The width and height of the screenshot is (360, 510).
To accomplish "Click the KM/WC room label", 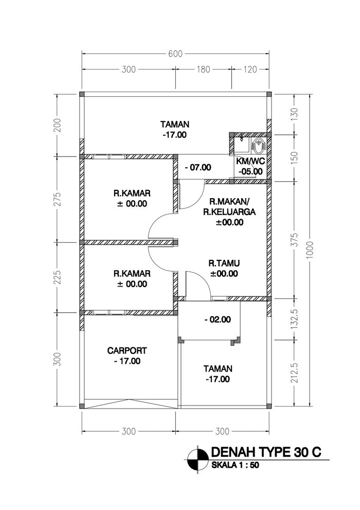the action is point(250,161).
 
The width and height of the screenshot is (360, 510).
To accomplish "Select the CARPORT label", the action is point(127,350).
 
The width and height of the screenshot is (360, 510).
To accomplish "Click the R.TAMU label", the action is point(224,263).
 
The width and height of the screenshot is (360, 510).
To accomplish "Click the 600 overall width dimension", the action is point(175,54).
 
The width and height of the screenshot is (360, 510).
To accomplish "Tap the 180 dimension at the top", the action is point(203,69).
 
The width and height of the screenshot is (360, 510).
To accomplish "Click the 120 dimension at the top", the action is point(250,69).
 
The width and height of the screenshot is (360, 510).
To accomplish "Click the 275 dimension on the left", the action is point(57,199).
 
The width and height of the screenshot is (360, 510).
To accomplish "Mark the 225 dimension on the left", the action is point(57,277).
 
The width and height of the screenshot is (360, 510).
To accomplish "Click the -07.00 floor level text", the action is point(197,168).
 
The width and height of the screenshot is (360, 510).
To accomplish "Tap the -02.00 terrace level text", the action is point(218,320).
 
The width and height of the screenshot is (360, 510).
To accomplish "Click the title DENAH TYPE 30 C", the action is point(266,452).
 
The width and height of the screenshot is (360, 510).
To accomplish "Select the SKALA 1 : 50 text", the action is point(235,465).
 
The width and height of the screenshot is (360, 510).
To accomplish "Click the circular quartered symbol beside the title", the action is point(197,459).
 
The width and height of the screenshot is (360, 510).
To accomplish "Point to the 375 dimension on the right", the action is point(295,240).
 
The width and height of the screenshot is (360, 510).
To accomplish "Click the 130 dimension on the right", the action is point(295,113).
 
